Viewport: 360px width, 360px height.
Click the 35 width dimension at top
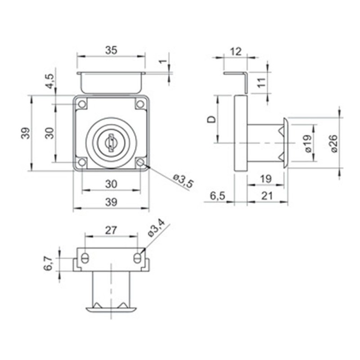(x=111, y=50)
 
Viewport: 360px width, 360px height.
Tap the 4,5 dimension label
(x=50, y=81)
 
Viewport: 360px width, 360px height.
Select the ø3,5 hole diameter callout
(x=184, y=181)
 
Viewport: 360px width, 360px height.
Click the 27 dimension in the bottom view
(x=111, y=230)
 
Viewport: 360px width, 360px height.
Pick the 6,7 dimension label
(x=49, y=263)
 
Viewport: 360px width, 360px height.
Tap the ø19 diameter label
(x=308, y=143)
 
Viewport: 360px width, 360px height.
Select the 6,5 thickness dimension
(x=218, y=196)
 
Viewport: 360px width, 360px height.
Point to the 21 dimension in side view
(x=267, y=196)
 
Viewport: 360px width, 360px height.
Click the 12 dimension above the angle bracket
(x=236, y=52)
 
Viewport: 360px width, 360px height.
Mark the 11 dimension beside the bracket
(x=261, y=83)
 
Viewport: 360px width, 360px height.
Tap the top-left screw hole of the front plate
(x=82, y=104)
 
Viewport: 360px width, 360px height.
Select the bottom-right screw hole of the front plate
(x=140, y=162)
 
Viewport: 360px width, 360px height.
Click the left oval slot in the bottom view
(x=85, y=258)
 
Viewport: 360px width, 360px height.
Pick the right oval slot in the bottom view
(x=137, y=258)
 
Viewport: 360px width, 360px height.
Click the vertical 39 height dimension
(x=27, y=133)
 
